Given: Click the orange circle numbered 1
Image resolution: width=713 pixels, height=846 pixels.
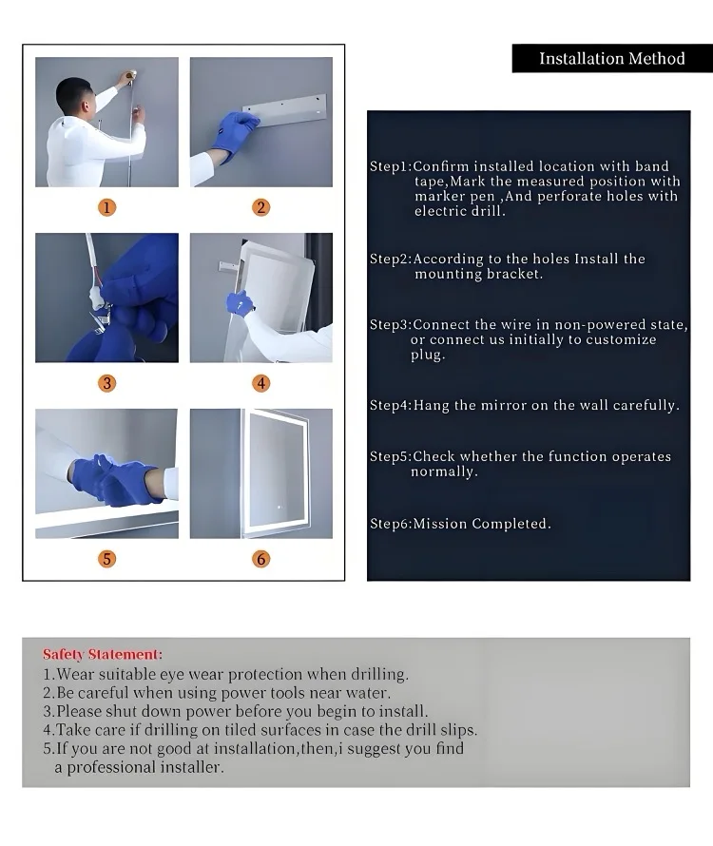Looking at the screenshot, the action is pos(106,208).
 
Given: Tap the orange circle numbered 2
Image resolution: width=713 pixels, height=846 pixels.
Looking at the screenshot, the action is pos(261,208).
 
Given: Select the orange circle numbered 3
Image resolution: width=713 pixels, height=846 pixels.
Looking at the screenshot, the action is pos(106,383).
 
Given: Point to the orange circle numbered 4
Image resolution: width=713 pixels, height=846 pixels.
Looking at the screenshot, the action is pos(261,383).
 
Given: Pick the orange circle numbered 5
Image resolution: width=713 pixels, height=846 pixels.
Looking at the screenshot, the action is pos(106,559).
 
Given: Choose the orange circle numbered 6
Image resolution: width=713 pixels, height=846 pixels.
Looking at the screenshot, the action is pos(261,559).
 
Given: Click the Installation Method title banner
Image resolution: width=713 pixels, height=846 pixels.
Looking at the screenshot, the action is pos(612,58).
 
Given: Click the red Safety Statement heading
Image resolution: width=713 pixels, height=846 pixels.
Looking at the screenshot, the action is pos(103,655).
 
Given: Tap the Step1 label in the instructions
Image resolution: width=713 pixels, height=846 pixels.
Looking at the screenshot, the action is pos(389,166).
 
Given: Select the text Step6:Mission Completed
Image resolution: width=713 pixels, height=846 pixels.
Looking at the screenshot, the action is pos(460,524).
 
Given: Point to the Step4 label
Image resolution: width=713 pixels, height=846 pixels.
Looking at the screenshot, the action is pos(389,405).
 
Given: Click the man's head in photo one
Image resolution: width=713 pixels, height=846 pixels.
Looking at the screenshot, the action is pos(74,95).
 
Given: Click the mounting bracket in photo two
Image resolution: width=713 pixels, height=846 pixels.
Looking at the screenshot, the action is pos(284,110).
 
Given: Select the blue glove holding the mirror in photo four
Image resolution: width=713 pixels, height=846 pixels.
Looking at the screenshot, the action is pos(240,303).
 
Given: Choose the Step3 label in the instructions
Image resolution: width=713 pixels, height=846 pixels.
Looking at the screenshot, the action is pos(389,324).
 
